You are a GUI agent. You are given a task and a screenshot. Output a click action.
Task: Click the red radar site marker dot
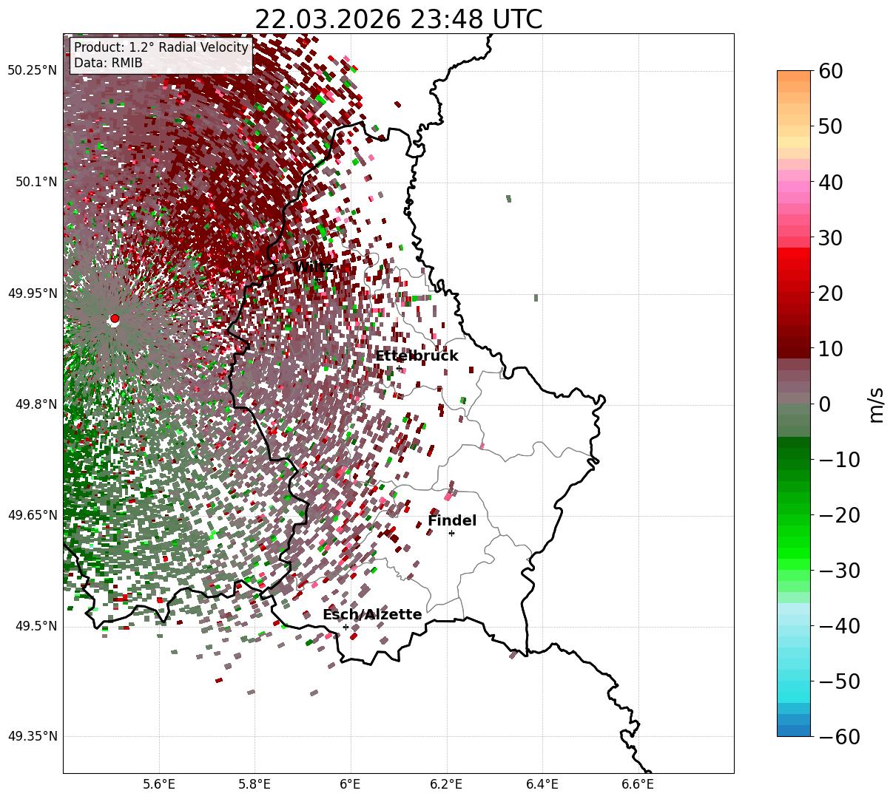click(115, 319)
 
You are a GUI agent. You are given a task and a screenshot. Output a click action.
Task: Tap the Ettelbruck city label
click(417, 356)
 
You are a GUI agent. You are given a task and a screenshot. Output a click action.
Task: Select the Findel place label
click(451, 521)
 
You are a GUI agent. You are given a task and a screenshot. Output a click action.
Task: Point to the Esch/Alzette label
click(372, 615)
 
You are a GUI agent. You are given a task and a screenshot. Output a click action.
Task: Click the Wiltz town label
click(314, 267)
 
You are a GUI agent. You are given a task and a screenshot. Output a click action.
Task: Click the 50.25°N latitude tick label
click(32, 71)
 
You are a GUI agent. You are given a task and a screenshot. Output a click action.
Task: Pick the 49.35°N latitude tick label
click(32, 736)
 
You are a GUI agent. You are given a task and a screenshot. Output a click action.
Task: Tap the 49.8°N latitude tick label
click(35, 404)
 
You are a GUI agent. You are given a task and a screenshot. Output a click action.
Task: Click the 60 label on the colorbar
click(832, 72)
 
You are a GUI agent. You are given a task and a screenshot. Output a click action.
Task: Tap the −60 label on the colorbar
click(839, 737)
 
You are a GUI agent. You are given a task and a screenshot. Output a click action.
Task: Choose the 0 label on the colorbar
click(824, 404)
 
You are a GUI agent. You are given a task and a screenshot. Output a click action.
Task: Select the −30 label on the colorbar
click(839, 571)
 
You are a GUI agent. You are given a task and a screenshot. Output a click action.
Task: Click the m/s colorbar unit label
click(876, 404)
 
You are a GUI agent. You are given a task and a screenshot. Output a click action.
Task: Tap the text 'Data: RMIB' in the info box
click(108, 63)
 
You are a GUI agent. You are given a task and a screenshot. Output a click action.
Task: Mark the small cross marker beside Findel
click(451, 533)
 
